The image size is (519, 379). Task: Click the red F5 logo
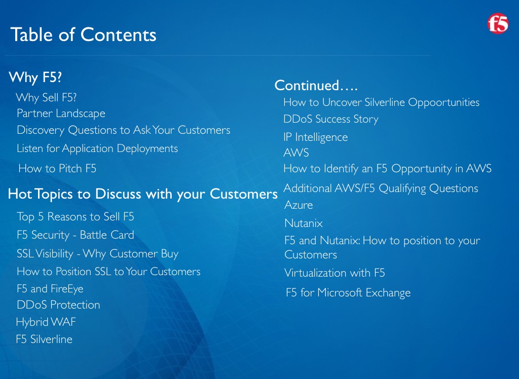coord(498,23)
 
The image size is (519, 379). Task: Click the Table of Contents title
coord(84,35)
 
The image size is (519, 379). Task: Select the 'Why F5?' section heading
coord(35,78)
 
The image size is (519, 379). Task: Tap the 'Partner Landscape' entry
coord(61,113)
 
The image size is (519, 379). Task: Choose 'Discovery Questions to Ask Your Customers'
coord(124,130)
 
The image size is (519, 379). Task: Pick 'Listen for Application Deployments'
coord(97,148)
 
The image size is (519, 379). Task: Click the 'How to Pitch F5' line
coord(57,169)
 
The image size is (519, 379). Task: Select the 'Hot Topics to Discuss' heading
coord(142,194)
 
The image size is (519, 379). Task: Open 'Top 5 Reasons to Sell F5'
coord(76,216)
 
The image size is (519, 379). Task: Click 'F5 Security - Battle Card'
coord(76,235)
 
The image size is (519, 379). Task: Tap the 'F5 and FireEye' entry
coord(50,289)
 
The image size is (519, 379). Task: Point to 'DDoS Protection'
coord(58,305)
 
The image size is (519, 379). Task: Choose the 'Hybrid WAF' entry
coord(46,322)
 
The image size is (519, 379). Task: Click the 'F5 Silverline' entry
coord(44,339)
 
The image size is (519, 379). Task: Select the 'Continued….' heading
coord(316,86)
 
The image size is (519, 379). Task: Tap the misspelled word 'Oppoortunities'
coord(443,103)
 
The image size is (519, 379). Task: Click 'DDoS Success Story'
coord(331,119)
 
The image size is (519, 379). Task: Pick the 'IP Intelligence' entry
coord(316,137)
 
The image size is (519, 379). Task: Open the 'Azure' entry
coord(299,205)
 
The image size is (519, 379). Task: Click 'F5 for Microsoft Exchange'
coord(348,292)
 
